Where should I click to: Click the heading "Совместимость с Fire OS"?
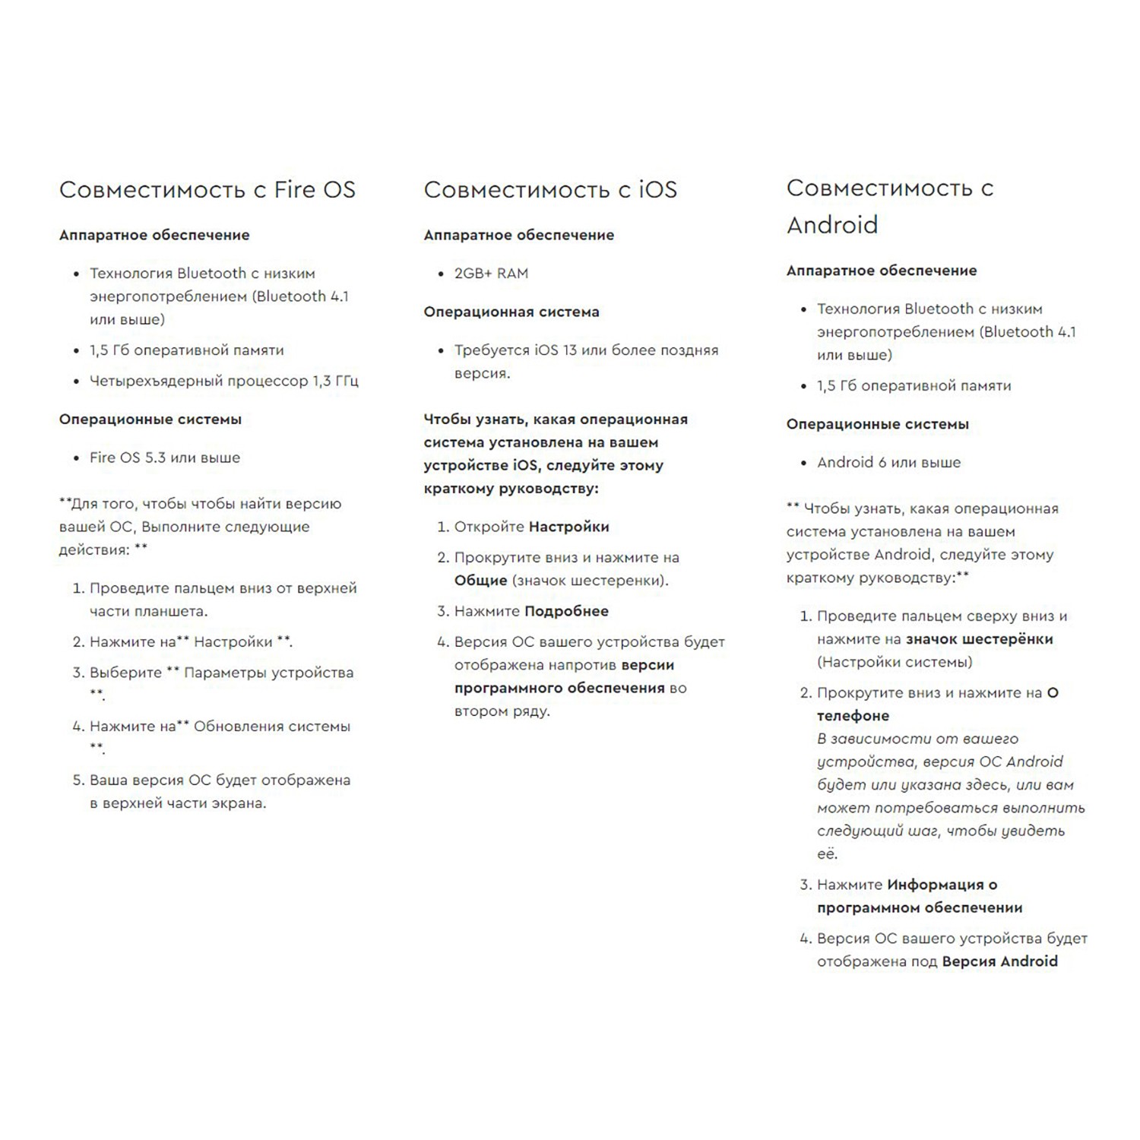click(x=207, y=190)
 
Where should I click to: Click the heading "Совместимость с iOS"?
click(x=549, y=190)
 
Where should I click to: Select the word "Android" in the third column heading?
click(x=832, y=225)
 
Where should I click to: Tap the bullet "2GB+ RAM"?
click(x=491, y=274)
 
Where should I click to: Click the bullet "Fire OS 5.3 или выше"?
click(x=165, y=458)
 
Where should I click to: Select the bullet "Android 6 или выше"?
click(x=888, y=462)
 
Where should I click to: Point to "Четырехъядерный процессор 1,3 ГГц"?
click(x=223, y=381)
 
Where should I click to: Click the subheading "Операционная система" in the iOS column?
click(x=511, y=312)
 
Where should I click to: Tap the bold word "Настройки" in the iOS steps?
click(x=568, y=527)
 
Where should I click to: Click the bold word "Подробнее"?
click(x=566, y=611)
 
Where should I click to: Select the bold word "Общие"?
click(x=480, y=581)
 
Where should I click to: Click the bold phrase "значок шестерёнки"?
click(x=979, y=639)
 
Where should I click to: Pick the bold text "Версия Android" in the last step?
click(x=999, y=961)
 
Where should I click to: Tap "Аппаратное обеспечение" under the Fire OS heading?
click(x=154, y=235)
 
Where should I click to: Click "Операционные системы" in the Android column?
click(x=877, y=424)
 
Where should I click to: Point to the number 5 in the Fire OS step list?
click(x=78, y=781)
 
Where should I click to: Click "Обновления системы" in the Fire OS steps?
click(x=271, y=727)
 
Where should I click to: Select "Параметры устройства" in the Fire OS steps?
click(x=268, y=673)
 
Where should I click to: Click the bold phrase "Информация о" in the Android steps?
click(x=942, y=885)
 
